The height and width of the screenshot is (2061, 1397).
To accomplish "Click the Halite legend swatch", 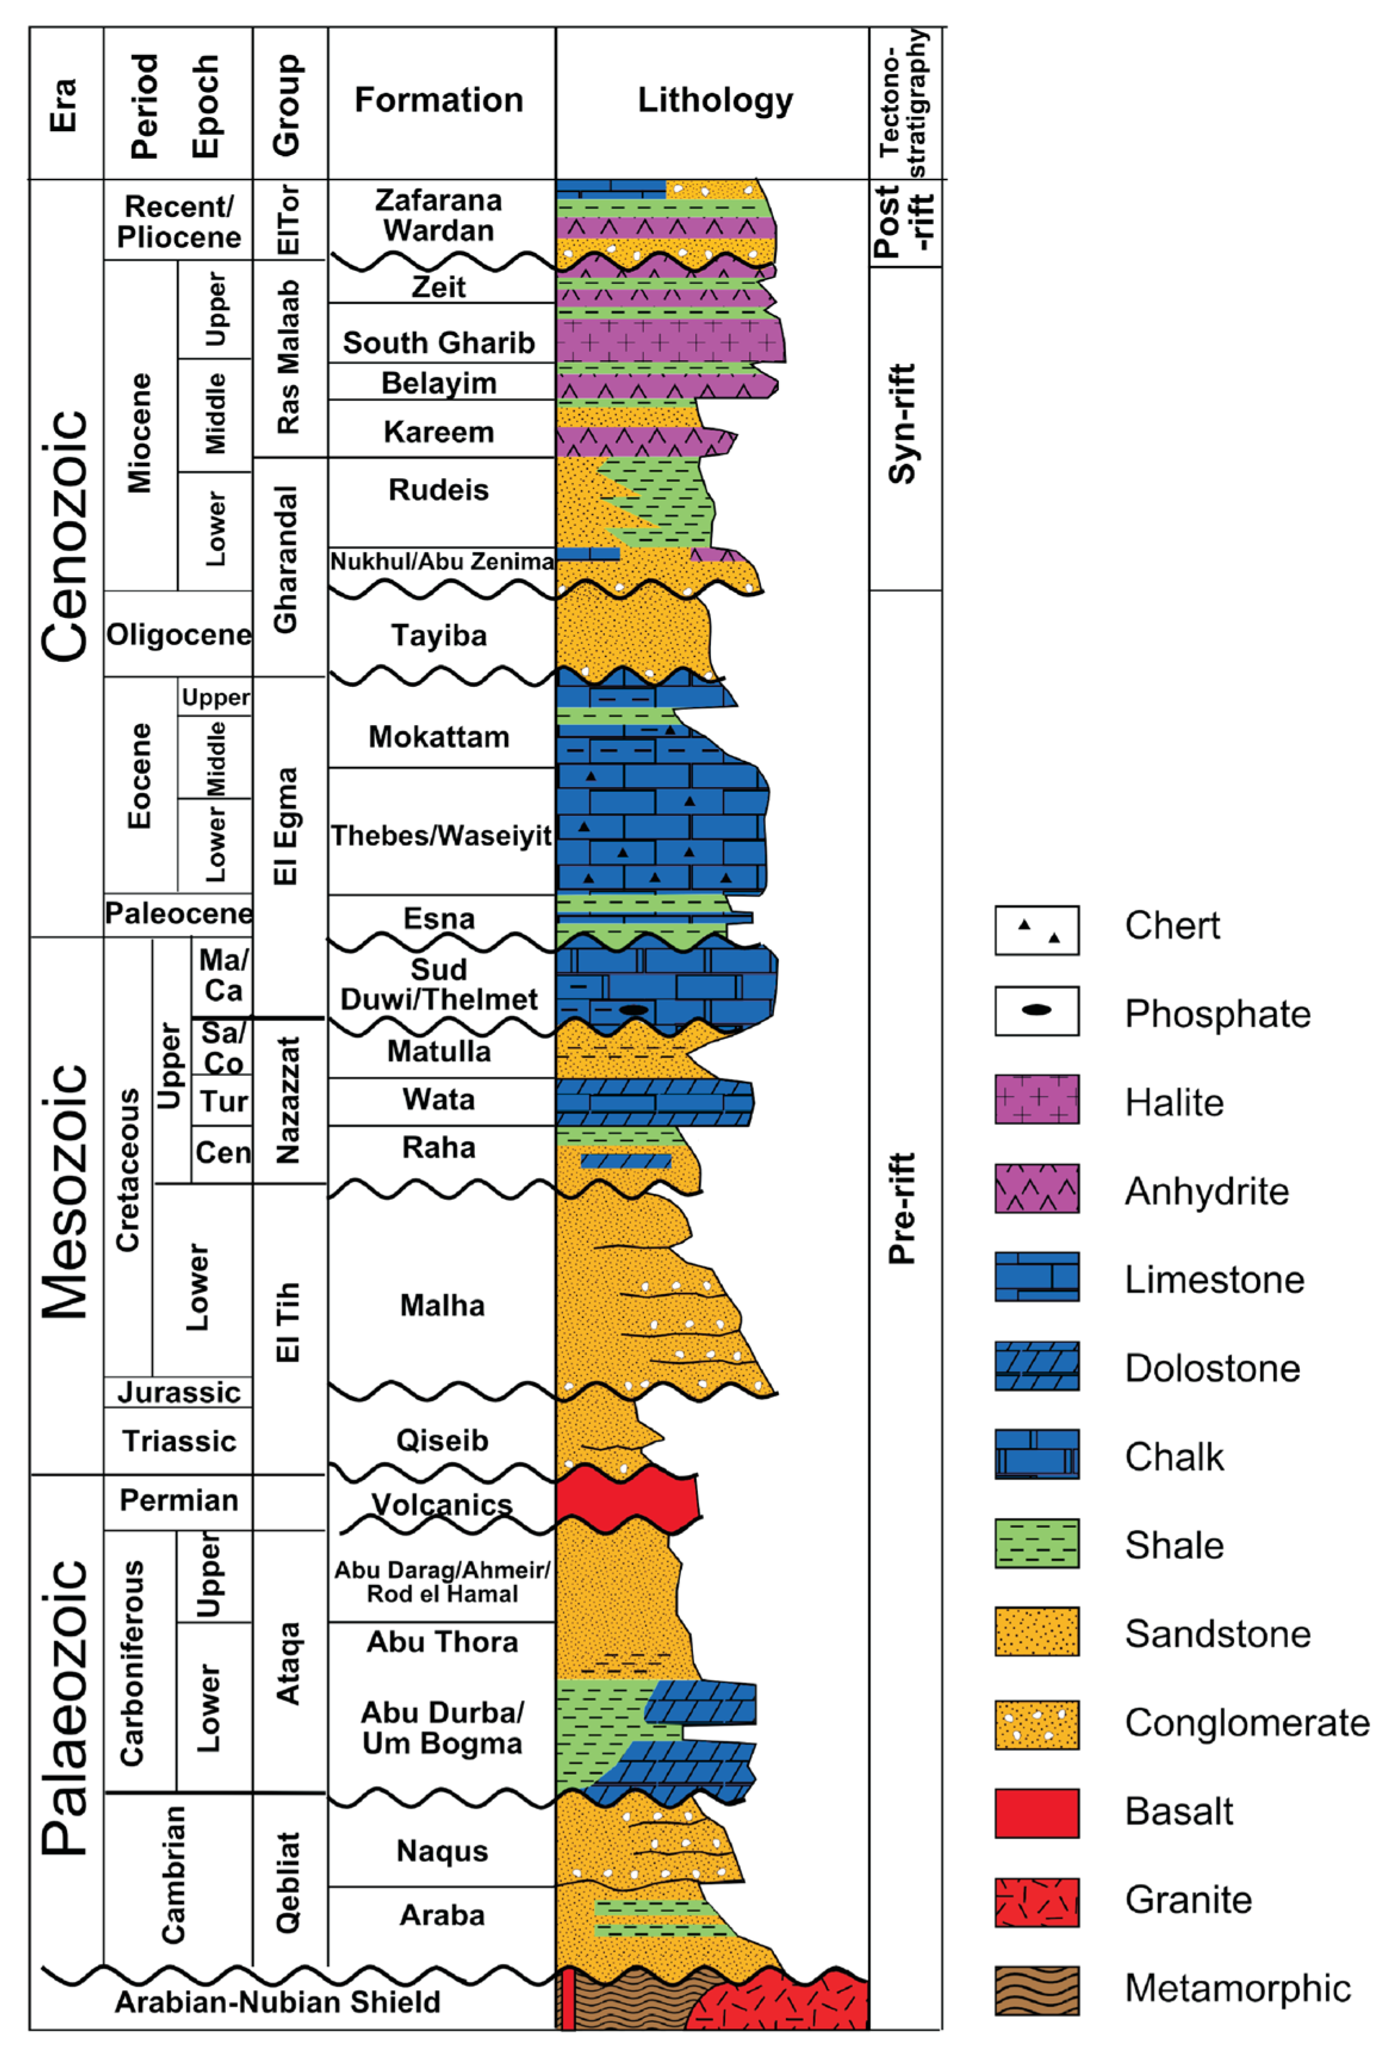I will click(1036, 1100).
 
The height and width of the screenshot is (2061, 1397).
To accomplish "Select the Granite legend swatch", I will click(1036, 1901).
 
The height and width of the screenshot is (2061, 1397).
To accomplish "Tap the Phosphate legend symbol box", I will click(1036, 1010).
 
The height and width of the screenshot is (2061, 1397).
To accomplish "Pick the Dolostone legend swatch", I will click(1036, 1366).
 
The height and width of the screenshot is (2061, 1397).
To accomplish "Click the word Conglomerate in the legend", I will click(1246, 1722).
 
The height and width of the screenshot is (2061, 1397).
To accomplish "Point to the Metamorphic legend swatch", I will click(1036, 1990).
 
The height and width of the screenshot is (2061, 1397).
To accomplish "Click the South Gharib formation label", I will click(439, 342).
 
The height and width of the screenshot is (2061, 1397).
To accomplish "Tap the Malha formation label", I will click(442, 1305).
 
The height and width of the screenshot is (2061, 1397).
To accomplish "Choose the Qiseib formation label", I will click(442, 1440).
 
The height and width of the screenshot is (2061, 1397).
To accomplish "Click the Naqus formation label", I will click(442, 1851).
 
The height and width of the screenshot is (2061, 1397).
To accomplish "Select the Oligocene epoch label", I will click(178, 635).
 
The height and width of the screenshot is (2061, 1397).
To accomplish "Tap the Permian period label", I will click(178, 1500).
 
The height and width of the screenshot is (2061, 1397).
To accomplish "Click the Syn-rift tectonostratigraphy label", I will click(902, 424).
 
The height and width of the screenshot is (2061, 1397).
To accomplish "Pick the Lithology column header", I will click(715, 100).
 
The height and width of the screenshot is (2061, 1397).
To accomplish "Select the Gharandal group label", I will click(286, 559).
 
